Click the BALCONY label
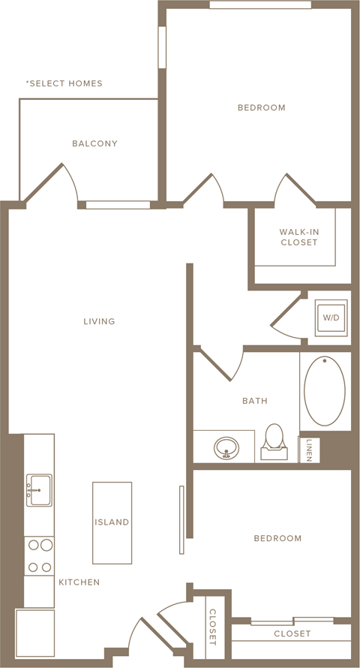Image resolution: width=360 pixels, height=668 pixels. [94, 143]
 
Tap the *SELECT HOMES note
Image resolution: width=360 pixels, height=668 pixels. [64, 83]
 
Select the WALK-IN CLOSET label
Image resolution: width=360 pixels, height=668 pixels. [298, 237]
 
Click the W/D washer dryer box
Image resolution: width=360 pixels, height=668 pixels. [331, 317]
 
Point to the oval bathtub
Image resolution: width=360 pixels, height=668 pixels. [325, 391]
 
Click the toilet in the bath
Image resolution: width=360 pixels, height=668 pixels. [273, 442]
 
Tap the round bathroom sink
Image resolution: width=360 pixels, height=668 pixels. [226, 448]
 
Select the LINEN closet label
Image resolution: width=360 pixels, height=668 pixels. [309, 450]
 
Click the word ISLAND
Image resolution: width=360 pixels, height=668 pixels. [112, 522]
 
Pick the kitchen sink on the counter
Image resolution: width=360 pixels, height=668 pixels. [39, 490]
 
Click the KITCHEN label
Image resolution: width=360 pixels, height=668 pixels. [79, 582]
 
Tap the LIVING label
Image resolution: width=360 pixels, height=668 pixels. [99, 321]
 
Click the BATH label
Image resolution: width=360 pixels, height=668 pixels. [255, 401]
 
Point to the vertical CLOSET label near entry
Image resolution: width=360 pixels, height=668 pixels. [212, 627]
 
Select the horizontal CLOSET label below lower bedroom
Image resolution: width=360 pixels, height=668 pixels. [292, 634]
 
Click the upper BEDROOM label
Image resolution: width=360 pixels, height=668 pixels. [262, 108]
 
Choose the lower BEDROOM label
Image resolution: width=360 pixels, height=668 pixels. [277, 538]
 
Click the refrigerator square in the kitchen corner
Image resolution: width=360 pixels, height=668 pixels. [35, 633]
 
